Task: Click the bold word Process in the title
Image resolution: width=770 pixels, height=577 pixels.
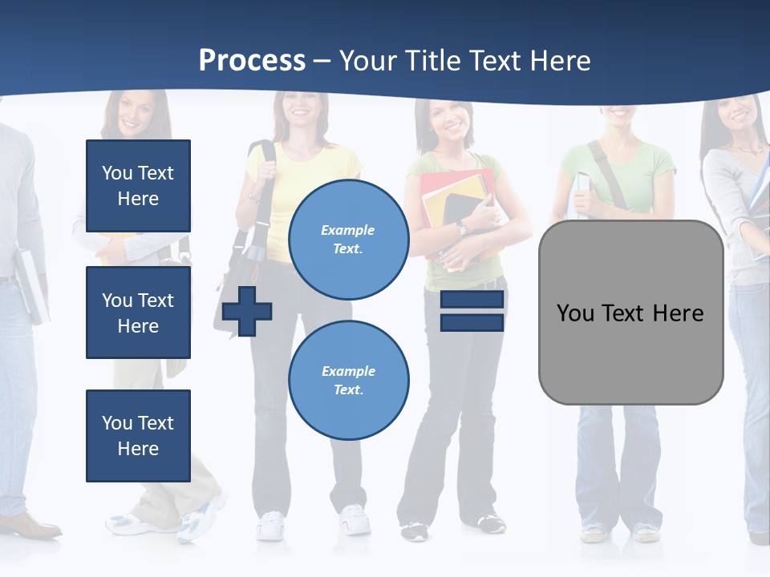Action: (252, 61)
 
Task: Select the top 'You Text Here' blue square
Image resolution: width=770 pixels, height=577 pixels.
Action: (138, 186)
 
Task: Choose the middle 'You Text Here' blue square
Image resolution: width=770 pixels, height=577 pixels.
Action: (138, 313)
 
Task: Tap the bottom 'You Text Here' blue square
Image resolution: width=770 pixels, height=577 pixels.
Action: (138, 435)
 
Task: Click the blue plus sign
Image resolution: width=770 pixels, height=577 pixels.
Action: (247, 310)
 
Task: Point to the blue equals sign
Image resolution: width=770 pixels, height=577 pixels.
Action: (472, 311)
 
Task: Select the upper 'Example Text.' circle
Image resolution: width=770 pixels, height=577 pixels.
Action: (348, 240)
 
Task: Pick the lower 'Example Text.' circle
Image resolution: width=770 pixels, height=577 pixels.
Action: (348, 380)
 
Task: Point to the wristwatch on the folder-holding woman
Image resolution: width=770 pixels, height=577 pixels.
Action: (461, 228)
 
